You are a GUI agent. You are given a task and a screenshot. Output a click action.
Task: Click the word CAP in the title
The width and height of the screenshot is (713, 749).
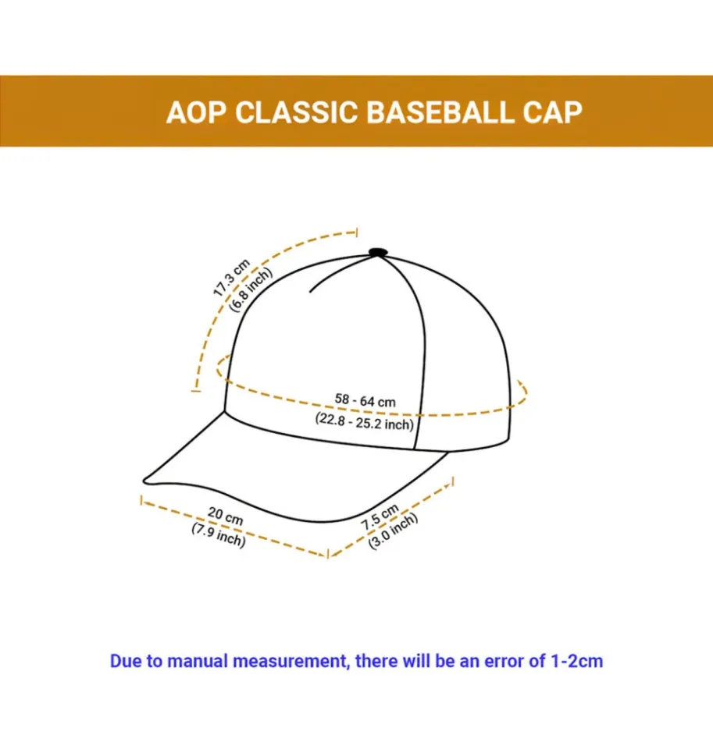tap(553, 112)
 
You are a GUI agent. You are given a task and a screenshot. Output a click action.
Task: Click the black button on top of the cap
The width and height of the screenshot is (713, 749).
tap(378, 252)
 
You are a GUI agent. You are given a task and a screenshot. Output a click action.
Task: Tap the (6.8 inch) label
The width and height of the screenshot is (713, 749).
tap(251, 289)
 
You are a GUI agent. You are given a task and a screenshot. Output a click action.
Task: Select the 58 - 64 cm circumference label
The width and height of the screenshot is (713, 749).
tap(365, 400)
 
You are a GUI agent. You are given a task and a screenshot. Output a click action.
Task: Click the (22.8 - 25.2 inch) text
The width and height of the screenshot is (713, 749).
tap(364, 422)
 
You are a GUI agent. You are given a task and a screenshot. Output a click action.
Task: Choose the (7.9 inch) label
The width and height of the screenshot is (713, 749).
tap(219, 534)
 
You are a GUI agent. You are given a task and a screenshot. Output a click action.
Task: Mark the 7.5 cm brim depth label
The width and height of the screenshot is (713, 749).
tap(380, 517)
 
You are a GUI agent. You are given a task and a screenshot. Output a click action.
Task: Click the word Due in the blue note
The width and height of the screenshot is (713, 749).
tap(125, 661)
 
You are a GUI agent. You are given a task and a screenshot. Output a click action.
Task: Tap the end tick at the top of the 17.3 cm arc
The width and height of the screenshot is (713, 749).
tap(357, 232)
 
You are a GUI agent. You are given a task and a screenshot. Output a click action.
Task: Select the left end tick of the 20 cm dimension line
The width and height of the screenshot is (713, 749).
tap(141, 499)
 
